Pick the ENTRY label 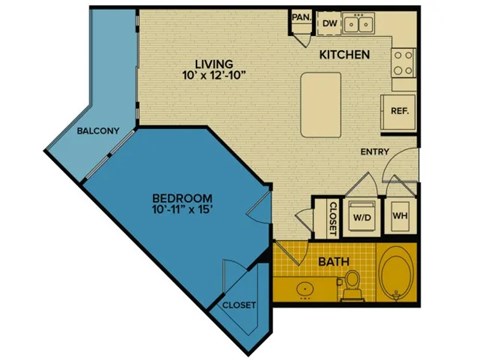pyautogui.click(x=375, y=151)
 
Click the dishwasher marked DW pyautogui.click(x=329, y=23)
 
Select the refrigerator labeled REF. pyautogui.click(x=398, y=111)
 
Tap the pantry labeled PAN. pyautogui.click(x=300, y=19)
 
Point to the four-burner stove pyautogui.click(x=403, y=64)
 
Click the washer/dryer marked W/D pyautogui.click(x=360, y=213)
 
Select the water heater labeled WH pyautogui.click(x=398, y=213)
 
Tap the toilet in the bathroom pyautogui.click(x=351, y=288)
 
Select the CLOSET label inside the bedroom pyautogui.click(x=238, y=305)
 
